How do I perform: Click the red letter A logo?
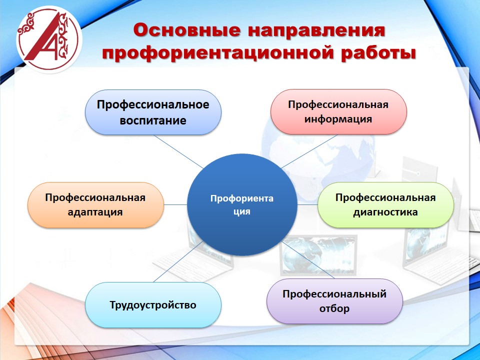pos(49,39)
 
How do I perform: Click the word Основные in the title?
pos(186,30)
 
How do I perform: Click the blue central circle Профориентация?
pos(242,204)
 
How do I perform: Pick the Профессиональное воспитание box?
pos(153,112)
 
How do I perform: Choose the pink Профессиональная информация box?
pos(338,111)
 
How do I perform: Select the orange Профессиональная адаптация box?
pos(95,205)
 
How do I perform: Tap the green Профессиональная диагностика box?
pos(385,205)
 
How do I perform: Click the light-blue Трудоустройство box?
pos(153,305)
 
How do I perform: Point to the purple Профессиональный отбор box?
pos(334,301)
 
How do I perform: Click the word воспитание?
pos(153,120)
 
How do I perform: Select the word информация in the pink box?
pos(338,119)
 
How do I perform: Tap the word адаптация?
pos(95,212)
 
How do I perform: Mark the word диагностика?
pos(385,212)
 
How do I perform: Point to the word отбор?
pos(334,308)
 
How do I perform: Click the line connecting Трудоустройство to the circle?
pos(178,261)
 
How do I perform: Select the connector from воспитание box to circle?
pos(178,152)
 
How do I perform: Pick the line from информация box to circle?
pos(309,151)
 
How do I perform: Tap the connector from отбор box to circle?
pos(308,260)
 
